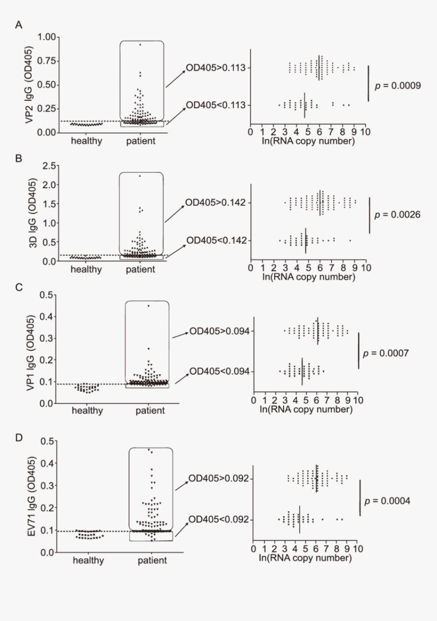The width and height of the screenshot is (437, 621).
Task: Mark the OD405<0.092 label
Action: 220,519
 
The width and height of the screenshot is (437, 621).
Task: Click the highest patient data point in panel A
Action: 140,45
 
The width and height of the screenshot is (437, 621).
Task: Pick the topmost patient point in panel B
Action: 140,176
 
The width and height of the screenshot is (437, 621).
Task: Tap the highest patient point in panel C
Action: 148,306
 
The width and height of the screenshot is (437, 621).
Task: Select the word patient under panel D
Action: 152,560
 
